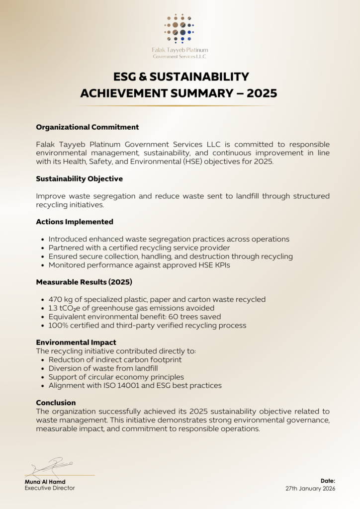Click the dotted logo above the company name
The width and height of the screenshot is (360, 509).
pos(180,29)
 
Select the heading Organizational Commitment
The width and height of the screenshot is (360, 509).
pos(87,127)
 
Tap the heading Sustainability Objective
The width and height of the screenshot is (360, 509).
pos(79,178)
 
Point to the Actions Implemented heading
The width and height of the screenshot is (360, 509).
pos(75,222)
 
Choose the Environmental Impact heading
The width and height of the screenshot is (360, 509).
pos(76,342)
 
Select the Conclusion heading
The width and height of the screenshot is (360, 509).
pos(56,403)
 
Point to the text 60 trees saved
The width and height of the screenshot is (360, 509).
pos(193,317)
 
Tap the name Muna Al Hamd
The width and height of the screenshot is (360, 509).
pos(45,482)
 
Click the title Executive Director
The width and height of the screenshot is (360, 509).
pos(50,488)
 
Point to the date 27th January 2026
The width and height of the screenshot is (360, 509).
pos(310,489)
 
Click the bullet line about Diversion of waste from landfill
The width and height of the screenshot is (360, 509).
pos(103,368)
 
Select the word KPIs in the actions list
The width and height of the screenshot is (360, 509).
pos(221,265)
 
